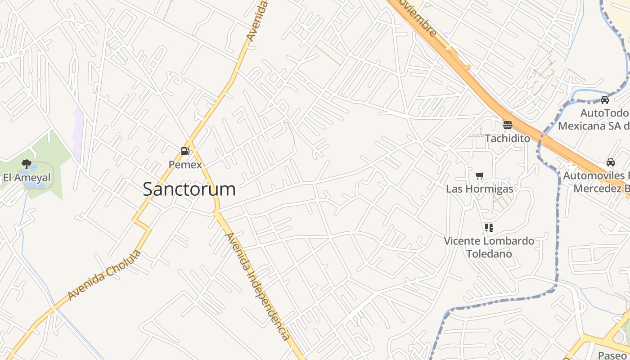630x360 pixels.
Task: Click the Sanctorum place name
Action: click(x=189, y=189)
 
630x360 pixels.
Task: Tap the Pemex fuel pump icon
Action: click(x=185, y=151)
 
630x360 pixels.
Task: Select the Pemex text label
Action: click(x=185, y=165)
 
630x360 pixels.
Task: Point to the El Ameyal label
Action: click(x=27, y=178)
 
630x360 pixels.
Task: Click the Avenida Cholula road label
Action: click(x=104, y=275)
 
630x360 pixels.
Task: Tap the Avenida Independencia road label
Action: click(x=257, y=286)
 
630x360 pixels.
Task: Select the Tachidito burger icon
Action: click(x=507, y=125)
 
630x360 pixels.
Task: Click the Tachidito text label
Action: click(x=507, y=139)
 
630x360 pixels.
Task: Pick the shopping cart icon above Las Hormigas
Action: click(x=480, y=175)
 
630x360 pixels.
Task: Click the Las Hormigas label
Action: click(x=479, y=189)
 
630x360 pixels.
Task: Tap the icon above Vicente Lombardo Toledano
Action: click(x=489, y=228)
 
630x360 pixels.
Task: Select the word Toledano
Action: click(x=489, y=254)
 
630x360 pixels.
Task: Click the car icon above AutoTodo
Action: click(x=605, y=99)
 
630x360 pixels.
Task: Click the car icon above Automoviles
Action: click(x=611, y=162)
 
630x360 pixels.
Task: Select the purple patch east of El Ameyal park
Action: click(x=79, y=135)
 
